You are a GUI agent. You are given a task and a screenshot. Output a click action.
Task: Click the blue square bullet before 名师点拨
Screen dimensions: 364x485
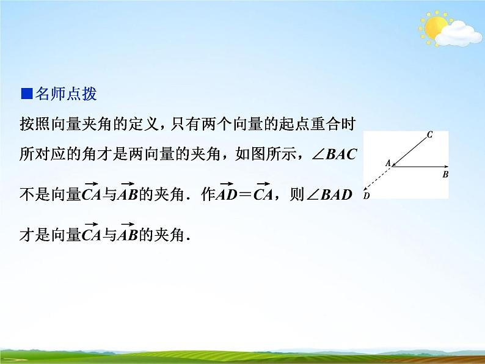(26, 94)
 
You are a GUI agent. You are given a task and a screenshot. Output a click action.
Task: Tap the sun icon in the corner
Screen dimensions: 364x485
(436, 27)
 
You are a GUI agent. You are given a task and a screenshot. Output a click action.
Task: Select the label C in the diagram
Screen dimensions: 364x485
(430, 134)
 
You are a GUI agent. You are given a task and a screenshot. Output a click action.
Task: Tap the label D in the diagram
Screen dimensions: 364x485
(366, 196)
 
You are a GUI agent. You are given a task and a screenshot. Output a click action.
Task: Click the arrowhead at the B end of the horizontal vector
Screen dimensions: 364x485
(447, 166)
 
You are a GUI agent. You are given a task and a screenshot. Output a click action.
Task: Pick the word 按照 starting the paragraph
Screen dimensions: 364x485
(34, 124)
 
